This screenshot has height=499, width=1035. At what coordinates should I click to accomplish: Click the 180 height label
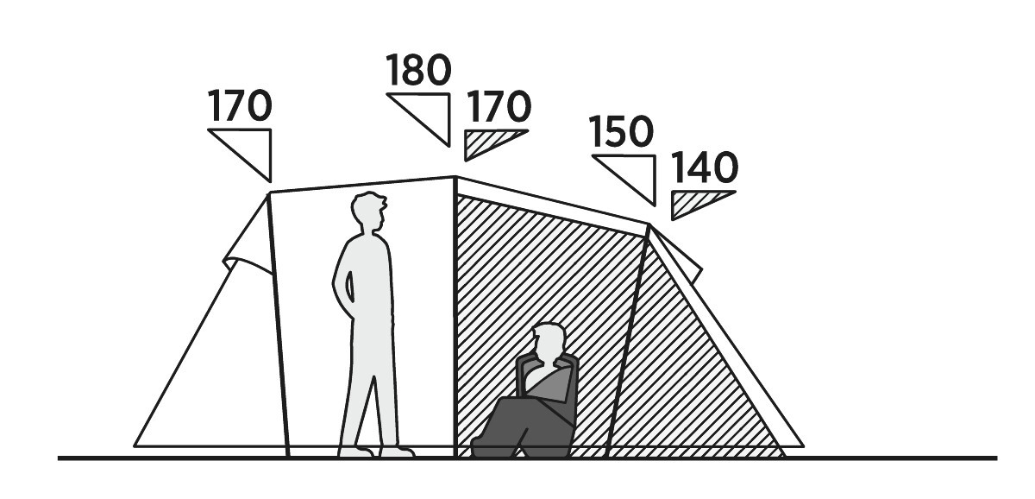click(418, 70)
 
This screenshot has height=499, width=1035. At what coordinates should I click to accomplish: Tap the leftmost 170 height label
click(240, 105)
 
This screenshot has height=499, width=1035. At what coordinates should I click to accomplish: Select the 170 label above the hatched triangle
click(499, 106)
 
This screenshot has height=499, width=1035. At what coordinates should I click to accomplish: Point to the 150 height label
click(621, 132)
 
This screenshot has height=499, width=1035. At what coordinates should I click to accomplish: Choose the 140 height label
click(704, 167)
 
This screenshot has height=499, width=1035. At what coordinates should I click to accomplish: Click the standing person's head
click(369, 212)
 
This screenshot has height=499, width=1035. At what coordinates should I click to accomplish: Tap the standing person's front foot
click(397, 452)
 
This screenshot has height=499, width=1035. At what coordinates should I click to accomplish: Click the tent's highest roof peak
click(455, 177)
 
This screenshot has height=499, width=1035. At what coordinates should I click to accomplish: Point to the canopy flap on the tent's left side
click(248, 236)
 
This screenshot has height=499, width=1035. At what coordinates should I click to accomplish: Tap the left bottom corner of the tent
click(135, 446)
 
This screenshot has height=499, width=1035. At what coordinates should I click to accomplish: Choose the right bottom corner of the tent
click(804, 446)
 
